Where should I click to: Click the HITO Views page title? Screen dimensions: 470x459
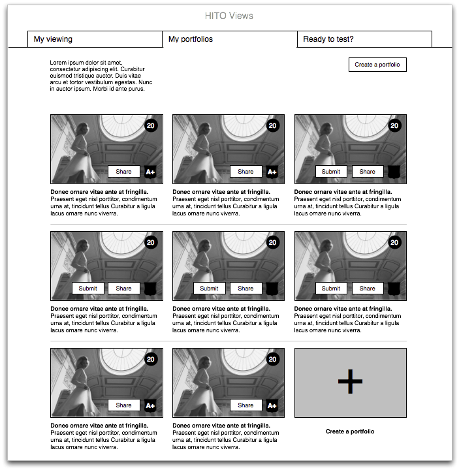click(x=229, y=16)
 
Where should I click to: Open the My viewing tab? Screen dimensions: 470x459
click(x=53, y=39)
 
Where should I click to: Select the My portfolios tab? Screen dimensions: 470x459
click(x=191, y=39)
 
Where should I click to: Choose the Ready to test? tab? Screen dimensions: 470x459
click(x=328, y=39)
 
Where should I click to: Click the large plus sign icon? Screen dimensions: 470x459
click(x=350, y=382)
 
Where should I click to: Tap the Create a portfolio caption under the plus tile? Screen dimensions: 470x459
click(x=350, y=431)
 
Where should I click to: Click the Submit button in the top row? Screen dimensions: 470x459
click(x=331, y=172)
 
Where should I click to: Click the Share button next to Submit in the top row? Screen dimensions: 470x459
click(x=368, y=172)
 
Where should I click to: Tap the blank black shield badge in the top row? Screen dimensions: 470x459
click(x=394, y=172)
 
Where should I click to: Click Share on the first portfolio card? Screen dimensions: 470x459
click(x=123, y=172)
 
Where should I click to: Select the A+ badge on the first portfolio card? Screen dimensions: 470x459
click(x=150, y=172)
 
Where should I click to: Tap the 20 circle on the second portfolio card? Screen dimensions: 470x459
click(x=273, y=126)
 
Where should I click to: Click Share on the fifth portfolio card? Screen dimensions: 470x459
click(x=245, y=289)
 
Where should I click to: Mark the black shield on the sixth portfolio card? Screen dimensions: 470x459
click(x=394, y=289)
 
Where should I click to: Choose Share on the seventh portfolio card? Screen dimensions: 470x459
click(x=123, y=405)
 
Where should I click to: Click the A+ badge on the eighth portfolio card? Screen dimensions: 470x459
click(x=272, y=405)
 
